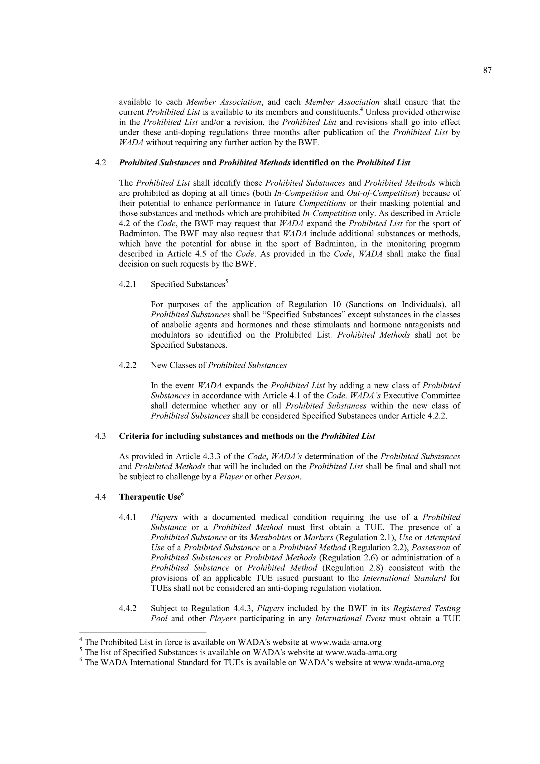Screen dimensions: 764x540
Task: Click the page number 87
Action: click(487, 70)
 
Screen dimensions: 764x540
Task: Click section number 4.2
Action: click(101, 163)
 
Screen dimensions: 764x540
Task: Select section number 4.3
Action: click(101, 436)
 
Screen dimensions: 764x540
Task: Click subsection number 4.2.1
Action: click(128, 284)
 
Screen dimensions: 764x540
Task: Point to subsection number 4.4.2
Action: click(128, 609)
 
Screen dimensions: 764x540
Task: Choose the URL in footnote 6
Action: click(408, 663)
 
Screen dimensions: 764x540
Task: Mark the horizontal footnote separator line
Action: click(143, 633)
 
